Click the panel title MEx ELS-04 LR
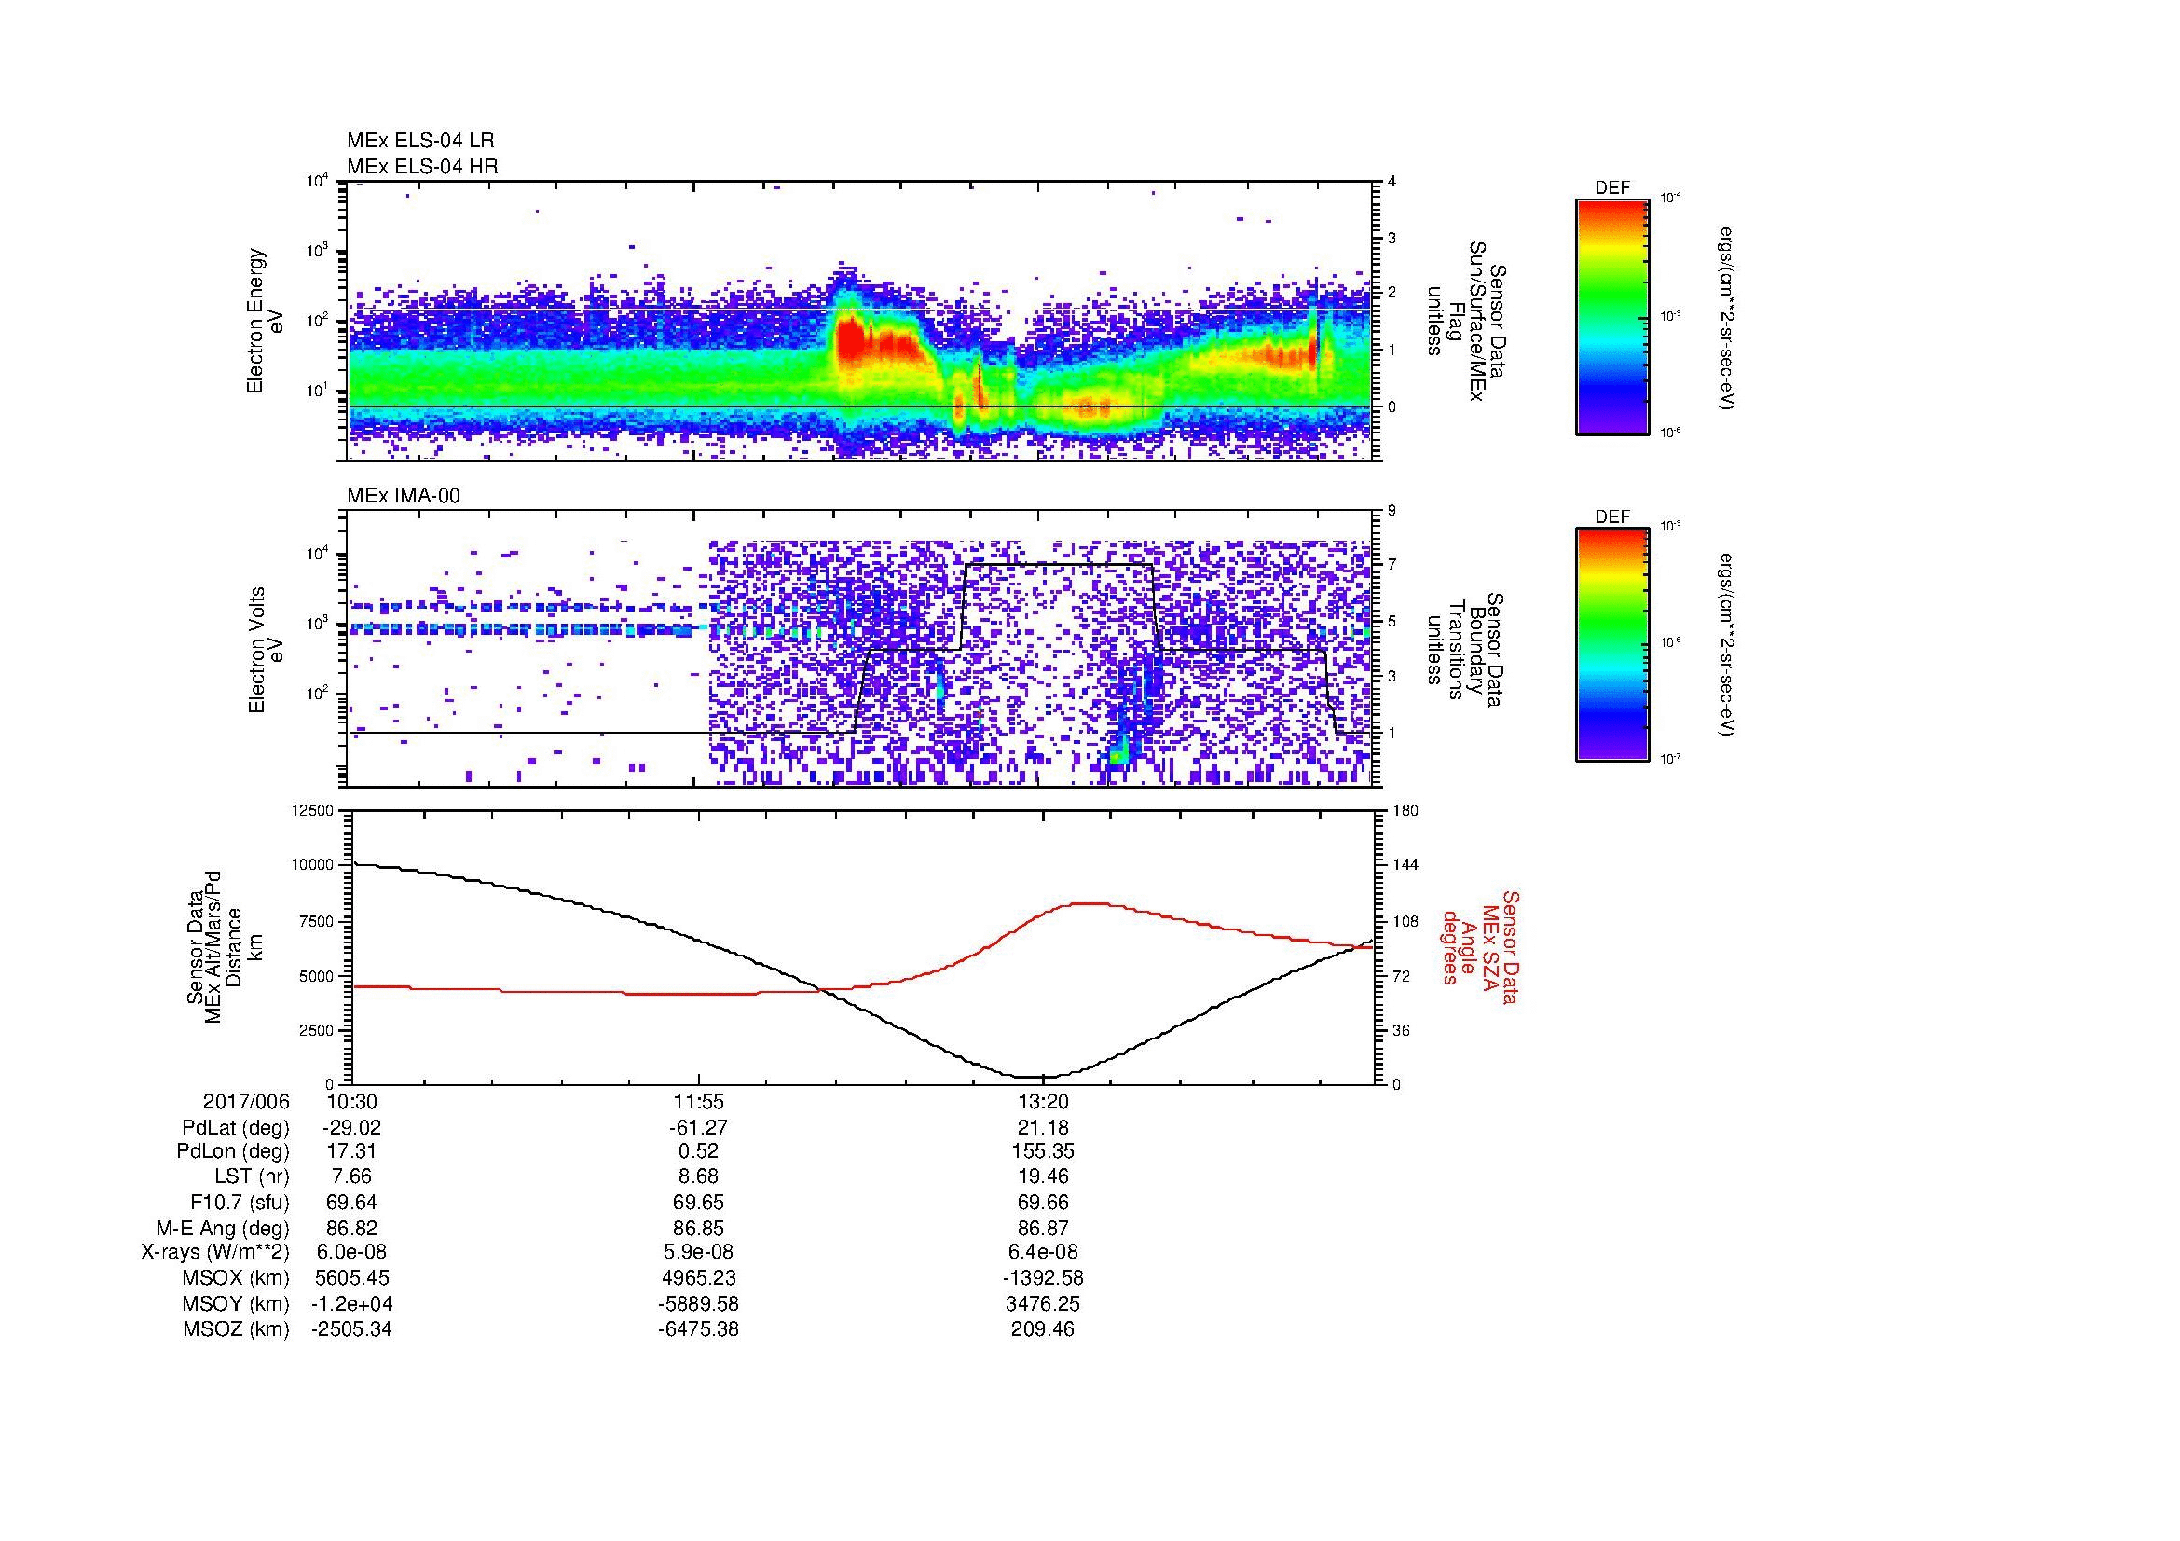(x=420, y=142)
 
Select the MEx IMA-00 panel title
(x=404, y=496)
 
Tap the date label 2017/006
(x=246, y=1101)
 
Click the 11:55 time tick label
(x=698, y=1101)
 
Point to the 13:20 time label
(x=1043, y=1101)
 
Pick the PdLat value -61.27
(x=698, y=1128)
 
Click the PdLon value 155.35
(x=1043, y=1151)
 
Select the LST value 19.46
(x=1043, y=1176)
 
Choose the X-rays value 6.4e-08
(x=1043, y=1252)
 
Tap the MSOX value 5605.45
(x=351, y=1278)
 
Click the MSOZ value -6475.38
(x=698, y=1329)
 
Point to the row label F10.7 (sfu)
(x=240, y=1202)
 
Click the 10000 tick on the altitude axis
(x=313, y=865)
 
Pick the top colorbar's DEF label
(x=1612, y=188)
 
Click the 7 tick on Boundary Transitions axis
(x=1392, y=565)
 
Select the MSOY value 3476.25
(x=1043, y=1303)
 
